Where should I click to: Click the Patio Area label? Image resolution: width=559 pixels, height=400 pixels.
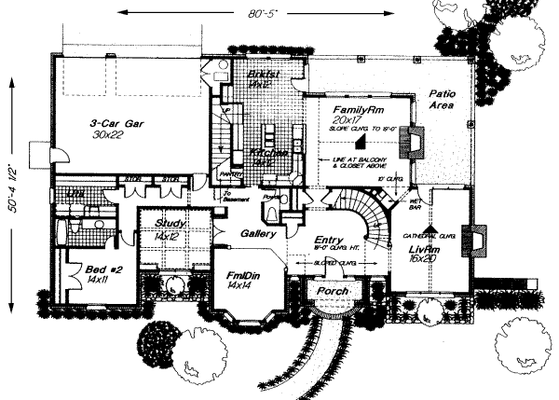tap(441, 100)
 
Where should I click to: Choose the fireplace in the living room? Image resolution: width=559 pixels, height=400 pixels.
tap(479, 241)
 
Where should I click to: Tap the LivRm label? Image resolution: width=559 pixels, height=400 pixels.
tap(428, 250)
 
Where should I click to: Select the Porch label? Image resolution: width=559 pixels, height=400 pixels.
tap(334, 292)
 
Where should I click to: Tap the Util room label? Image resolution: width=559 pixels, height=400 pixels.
tap(73, 193)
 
